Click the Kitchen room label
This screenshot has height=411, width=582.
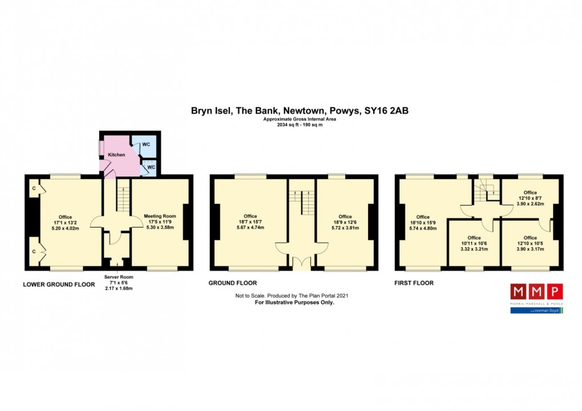(116, 155)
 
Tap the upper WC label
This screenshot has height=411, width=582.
(146, 144)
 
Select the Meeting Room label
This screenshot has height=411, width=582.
(160, 216)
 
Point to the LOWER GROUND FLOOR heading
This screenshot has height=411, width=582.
(59, 283)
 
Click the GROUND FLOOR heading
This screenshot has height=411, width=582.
(232, 283)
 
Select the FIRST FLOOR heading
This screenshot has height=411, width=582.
(414, 283)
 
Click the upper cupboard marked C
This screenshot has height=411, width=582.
(35, 188)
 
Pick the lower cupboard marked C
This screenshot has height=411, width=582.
(35, 251)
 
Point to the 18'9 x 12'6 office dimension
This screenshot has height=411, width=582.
(345, 222)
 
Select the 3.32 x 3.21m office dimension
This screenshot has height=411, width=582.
(474, 249)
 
